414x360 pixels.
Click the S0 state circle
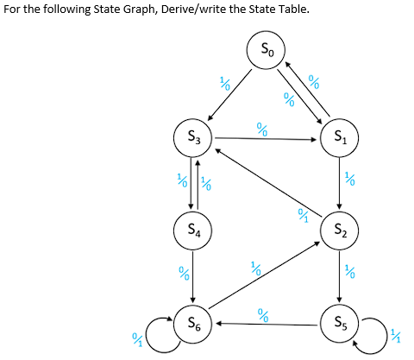(x=267, y=49)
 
